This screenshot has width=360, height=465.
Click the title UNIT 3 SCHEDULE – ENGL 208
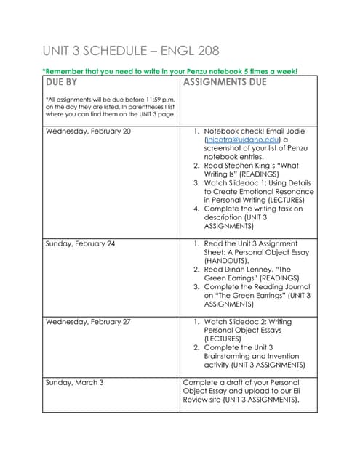pyautogui.click(x=131, y=51)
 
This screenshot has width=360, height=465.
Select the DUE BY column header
pyautogui.click(x=61, y=82)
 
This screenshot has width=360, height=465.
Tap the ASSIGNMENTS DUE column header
pyautogui.click(x=225, y=82)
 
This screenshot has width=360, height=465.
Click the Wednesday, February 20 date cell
pyautogui.click(x=89, y=132)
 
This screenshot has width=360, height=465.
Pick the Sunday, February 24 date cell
pyautogui.click(x=81, y=243)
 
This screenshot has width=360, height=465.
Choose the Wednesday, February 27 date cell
pyautogui.click(x=89, y=320)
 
